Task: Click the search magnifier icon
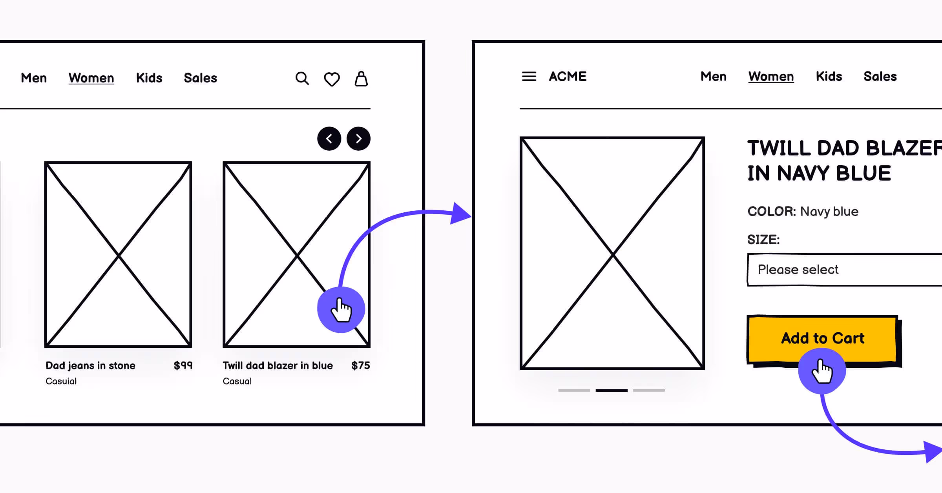(302, 79)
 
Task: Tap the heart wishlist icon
(332, 79)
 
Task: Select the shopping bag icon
(361, 79)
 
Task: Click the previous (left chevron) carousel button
(329, 139)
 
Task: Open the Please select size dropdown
(844, 270)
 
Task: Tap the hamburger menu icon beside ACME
(529, 76)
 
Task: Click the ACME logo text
(568, 76)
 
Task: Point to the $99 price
(183, 365)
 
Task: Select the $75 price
(360, 365)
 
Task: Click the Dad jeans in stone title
(90, 365)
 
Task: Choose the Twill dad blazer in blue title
(277, 365)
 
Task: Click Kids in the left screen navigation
(149, 78)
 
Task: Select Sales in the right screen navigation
(880, 76)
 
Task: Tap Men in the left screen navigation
(34, 78)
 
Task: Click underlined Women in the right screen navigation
(771, 76)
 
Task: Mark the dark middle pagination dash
(612, 390)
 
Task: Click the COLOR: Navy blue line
(803, 212)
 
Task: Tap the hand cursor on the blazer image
(341, 310)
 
